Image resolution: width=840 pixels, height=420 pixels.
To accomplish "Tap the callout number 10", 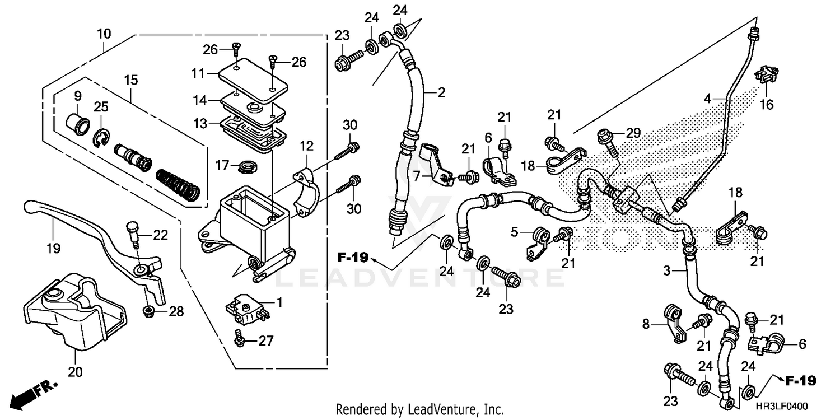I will pos(104,34).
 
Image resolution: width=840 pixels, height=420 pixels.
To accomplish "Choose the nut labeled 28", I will pos(149,311).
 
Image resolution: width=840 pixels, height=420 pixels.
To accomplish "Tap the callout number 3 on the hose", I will pos(666,272).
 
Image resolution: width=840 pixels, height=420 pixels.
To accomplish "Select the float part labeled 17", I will pos(245,166).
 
